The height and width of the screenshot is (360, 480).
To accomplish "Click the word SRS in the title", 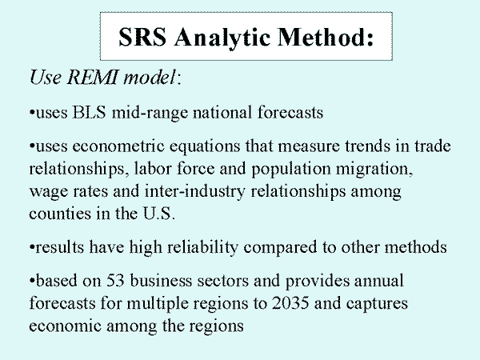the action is pos(142,37).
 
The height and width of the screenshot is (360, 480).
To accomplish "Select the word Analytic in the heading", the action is pos(222,38).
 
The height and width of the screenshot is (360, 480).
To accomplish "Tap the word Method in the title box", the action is pos(322,37).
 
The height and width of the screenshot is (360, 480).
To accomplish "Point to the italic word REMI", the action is pos(92,77).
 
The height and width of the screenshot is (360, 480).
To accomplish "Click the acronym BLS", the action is pos(89,112).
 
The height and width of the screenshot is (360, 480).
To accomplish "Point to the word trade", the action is pos(433,146).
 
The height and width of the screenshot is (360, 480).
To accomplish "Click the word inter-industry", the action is pos(194,192).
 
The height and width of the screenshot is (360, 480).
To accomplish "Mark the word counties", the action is pos(60,214).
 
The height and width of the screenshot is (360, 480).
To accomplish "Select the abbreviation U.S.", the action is pos(159,214).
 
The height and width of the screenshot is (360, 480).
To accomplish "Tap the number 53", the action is pos(115,281).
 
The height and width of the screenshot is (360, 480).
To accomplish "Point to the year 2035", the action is pos(290,303).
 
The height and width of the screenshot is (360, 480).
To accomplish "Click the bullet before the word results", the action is pos(31,246).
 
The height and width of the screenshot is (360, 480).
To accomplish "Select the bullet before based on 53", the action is pos(31,280).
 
